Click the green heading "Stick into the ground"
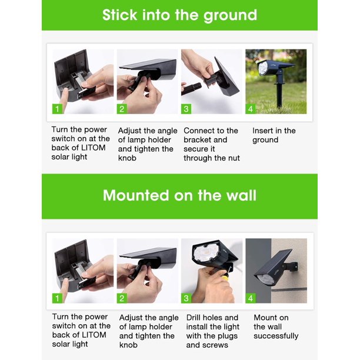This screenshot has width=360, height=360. [179, 15]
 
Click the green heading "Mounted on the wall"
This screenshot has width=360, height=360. [179, 195]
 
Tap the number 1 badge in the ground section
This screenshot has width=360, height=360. [57, 109]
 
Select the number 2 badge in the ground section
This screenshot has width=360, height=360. [122, 109]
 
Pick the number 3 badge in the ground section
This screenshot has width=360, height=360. [186, 109]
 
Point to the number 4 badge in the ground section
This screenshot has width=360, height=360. [250, 109]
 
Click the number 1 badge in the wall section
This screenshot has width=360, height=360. [57, 298]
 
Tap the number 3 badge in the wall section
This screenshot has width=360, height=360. [186, 298]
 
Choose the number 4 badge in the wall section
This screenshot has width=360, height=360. [250, 298]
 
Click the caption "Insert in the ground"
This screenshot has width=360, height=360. [274, 135]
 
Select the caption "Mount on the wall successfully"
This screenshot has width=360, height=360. [276, 326]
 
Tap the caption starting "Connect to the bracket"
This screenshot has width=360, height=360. [212, 144]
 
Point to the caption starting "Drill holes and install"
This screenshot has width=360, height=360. [213, 331]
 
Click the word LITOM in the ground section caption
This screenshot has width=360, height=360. [94, 148]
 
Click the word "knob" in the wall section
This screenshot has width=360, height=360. [128, 345]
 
